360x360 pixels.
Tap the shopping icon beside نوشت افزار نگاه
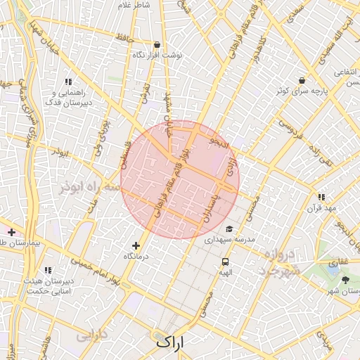pos(157,44)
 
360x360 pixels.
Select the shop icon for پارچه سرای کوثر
pos(302,80)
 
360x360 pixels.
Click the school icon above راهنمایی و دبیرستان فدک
pos(68,82)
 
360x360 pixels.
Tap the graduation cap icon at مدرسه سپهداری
pos(229,229)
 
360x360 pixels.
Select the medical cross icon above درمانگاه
pos(136,245)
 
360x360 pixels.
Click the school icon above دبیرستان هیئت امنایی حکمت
pos(48,270)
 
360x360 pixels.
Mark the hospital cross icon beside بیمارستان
pos(11,231)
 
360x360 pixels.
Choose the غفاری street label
pos(339,260)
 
